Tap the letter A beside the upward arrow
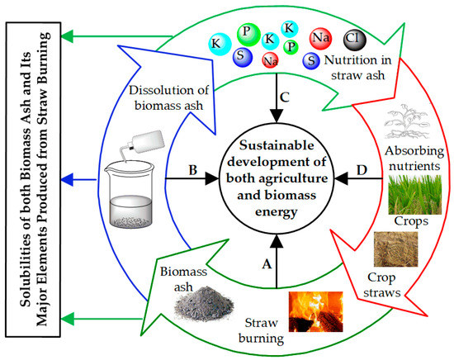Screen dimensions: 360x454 click(x=267, y=263)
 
